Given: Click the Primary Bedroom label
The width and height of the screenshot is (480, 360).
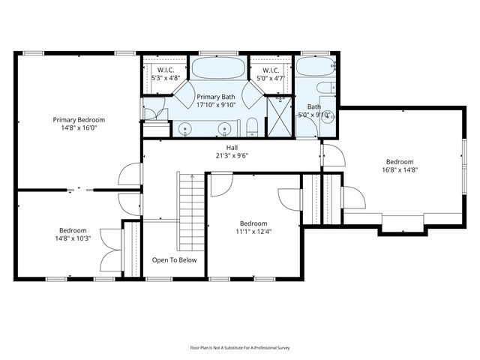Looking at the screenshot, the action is [x=79, y=120].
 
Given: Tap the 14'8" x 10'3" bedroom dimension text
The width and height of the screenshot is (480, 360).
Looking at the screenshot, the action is [x=73, y=238].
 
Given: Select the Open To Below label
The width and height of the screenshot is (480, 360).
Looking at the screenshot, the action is [x=174, y=260].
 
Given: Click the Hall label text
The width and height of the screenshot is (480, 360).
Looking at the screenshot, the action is [x=232, y=148].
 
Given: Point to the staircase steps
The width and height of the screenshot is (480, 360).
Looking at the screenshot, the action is [x=192, y=211].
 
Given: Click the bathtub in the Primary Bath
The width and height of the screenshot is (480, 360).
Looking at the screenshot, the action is [x=218, y=67].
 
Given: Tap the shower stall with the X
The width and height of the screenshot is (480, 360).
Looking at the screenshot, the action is [x=279, y=117].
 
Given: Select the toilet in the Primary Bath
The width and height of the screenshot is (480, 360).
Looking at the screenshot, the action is [x=252, y=127].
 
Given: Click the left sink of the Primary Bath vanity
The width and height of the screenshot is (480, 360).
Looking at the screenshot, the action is [x=185, y=128].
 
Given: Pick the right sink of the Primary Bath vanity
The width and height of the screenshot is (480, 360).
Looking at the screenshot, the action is [x=225, y=128].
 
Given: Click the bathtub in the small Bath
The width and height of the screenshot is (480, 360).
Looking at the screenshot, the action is [x=315, y=66].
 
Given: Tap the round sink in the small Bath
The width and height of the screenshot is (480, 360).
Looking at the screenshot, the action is [x=328, y=117].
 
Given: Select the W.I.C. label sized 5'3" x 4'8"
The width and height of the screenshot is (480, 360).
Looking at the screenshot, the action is [x=166, y=74].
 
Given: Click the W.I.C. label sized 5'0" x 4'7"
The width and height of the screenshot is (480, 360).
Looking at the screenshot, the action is [x=271, y=74].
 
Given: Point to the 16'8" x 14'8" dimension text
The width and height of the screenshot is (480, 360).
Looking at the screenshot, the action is [x=400, y=170].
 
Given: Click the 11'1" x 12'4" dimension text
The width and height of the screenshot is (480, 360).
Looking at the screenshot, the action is [x=253, y=232].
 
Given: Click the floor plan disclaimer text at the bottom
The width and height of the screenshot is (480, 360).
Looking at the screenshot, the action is [x=240, y=348].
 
